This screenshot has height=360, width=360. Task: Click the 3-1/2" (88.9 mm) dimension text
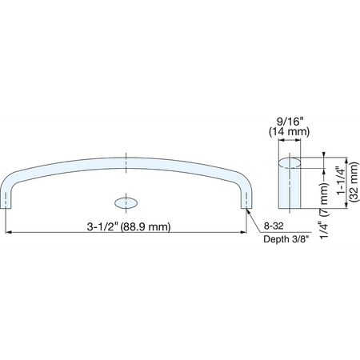[x=129, y=227]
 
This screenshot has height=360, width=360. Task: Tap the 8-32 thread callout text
[x=274, y=226]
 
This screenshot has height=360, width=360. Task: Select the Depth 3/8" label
[x=287, y=239]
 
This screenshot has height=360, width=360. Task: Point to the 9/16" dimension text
[x=290, y=122]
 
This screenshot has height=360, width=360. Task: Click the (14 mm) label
[x=290, y=132]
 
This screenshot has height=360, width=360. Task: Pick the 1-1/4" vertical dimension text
[x=341, y=181]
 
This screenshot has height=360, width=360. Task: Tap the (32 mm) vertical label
[x=354, y=182]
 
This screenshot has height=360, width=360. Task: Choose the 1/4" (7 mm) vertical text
[x=324, y=211]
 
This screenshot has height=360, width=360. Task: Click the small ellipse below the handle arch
[x=126, y=203]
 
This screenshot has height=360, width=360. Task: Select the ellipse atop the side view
[x=290, y=163]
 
